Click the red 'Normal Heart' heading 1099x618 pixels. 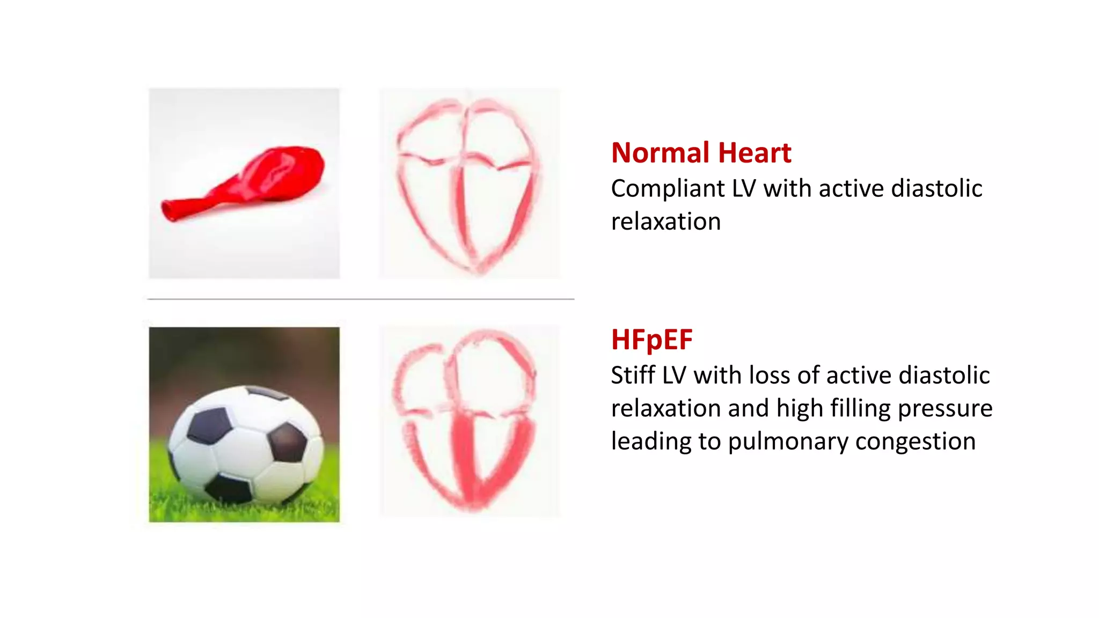pyautogui.click(x=701, y=153)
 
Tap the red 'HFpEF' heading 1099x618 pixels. pyautogui.click(x=651, y=340)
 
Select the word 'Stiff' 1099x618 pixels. pyautogui.click(x=633, y=375)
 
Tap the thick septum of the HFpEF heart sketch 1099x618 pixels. pyautogui.click(x=465, y=456)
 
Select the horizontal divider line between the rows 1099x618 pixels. pyautogui.click(x=361, y=299)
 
